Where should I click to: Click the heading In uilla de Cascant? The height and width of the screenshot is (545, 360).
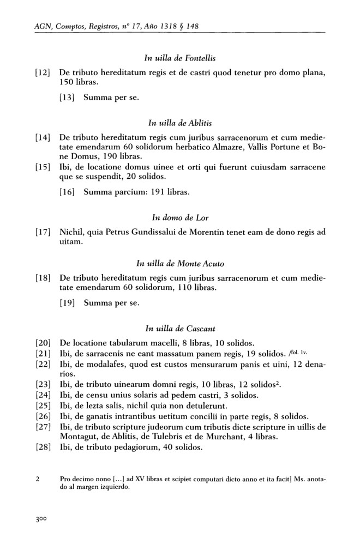tap(180, 329)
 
